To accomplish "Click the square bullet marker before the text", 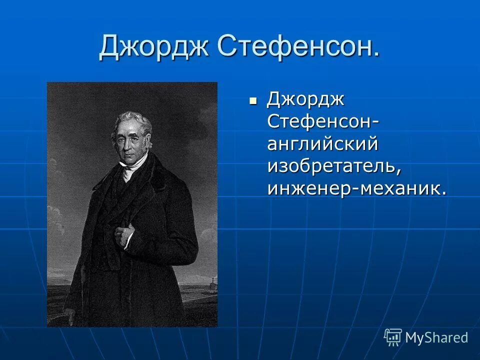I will pyautogui.click(x=253, y=100).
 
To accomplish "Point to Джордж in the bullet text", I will pyautogui.click(x=305, y=100).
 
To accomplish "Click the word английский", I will pyautogui.click(x=322, y=145).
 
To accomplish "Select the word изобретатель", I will pyautogui.click(x=333, y=167).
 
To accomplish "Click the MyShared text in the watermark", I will pyautogui.click(x=436, y=337).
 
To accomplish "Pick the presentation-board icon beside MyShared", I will pyautogui.click(x=393, y=337).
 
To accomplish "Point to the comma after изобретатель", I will pyautogui.click(x=399, y=173).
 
